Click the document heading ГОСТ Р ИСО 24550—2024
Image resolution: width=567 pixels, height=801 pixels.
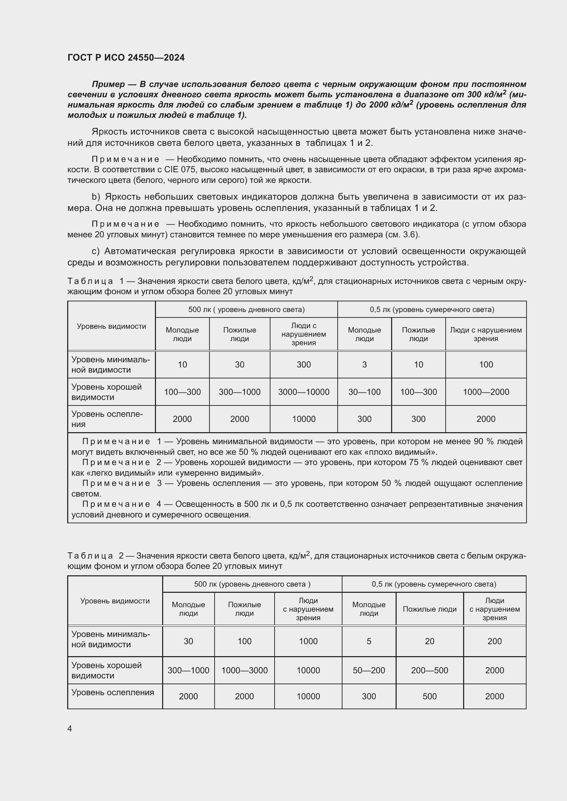point(126,58)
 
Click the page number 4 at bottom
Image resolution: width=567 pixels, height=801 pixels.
point(70,729)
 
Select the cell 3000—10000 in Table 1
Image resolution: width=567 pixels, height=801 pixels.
point(303,392)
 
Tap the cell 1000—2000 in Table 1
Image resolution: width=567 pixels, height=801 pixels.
point(486,392)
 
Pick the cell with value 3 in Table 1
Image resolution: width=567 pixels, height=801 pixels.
point(364,365)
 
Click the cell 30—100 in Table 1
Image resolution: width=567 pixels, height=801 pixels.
point(364,392)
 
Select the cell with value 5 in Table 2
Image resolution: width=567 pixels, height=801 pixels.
point(369,641)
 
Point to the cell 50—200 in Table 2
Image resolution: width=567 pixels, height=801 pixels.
point(369,670)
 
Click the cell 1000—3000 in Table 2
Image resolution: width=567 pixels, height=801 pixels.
point(244,670)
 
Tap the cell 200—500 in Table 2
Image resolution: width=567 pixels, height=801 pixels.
point(430,670)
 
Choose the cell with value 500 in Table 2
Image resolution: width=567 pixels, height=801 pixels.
point(430,696)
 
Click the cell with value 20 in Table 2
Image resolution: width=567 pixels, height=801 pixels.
point(430,641)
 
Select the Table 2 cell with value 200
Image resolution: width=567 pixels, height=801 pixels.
point(494,641)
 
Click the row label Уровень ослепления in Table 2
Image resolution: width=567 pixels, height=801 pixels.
point(112,692)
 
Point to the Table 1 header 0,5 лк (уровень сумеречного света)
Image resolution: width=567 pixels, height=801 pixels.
point(432,310)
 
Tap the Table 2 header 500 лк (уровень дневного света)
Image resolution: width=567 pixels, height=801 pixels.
point(252,584)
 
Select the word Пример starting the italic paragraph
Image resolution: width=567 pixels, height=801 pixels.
point(108,84)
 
